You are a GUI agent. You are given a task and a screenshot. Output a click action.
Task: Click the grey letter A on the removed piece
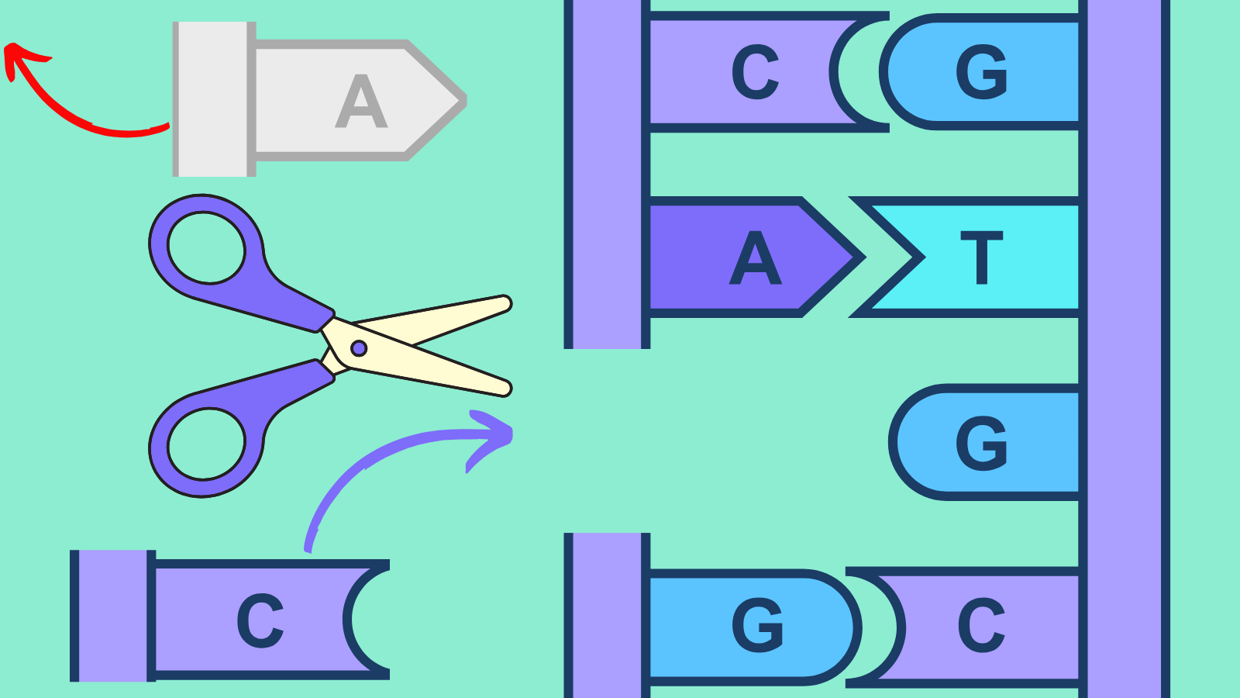[361, 102]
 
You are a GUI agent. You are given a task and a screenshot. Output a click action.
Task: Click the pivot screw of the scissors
[359, 348]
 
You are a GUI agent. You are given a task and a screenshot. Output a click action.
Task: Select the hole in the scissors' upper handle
[206, 247]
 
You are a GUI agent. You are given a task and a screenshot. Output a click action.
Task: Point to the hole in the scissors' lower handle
[206, 444]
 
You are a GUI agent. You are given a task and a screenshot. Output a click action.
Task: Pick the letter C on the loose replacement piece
[260, 620]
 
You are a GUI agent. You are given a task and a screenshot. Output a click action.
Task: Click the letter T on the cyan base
[981, 257]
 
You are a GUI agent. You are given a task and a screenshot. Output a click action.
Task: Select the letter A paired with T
[756, 257]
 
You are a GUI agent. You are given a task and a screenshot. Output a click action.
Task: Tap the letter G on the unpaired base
[981, 443]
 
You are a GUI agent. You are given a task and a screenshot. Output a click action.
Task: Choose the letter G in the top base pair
[981, 72]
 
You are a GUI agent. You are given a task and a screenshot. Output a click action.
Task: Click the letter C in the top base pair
[755, 72]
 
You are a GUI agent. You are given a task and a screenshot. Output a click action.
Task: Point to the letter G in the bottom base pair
[757, 625]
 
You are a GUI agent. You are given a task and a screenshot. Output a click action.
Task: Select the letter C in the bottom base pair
[981, 625]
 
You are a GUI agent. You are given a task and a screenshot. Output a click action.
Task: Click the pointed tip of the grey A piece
[464, 101]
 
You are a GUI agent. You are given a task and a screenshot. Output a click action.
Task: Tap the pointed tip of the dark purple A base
[863, 257]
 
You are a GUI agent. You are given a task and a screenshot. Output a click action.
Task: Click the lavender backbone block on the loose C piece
[113, 616]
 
